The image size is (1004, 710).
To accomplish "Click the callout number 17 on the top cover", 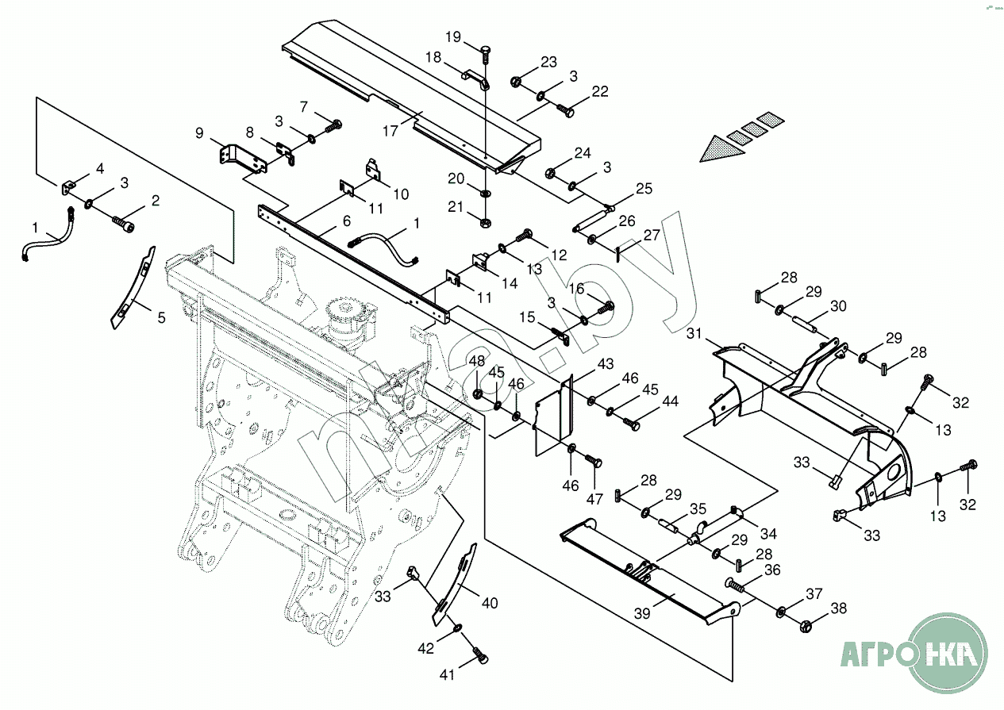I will click(x=390, y=131).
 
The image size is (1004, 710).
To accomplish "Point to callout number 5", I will click(x=161, y=318).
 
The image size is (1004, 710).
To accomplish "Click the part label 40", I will click(x=490, y=603).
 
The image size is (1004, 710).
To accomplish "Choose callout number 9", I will click(x=199, y=133).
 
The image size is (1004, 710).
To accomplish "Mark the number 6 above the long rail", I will click(x=347, y=222).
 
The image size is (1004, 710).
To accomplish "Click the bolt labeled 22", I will click(x=567, y=111).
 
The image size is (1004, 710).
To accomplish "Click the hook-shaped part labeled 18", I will click(x=478, y=79).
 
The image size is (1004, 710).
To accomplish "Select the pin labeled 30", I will click(x=806, y=324).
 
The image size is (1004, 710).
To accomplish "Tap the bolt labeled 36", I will click(x=736, y=587).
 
